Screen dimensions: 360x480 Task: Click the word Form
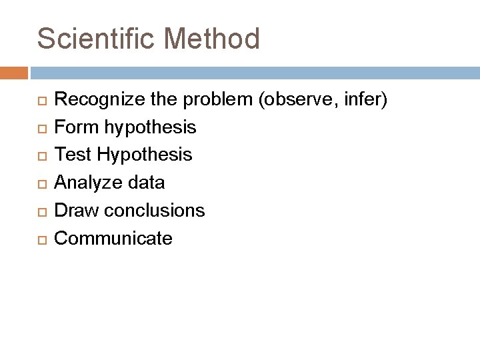[x=73, y=127]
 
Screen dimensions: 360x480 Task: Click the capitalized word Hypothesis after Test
[x=145, y=155]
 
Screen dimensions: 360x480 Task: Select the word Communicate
[x=113, y=238]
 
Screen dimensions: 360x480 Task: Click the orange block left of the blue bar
[x=14, y=72]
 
